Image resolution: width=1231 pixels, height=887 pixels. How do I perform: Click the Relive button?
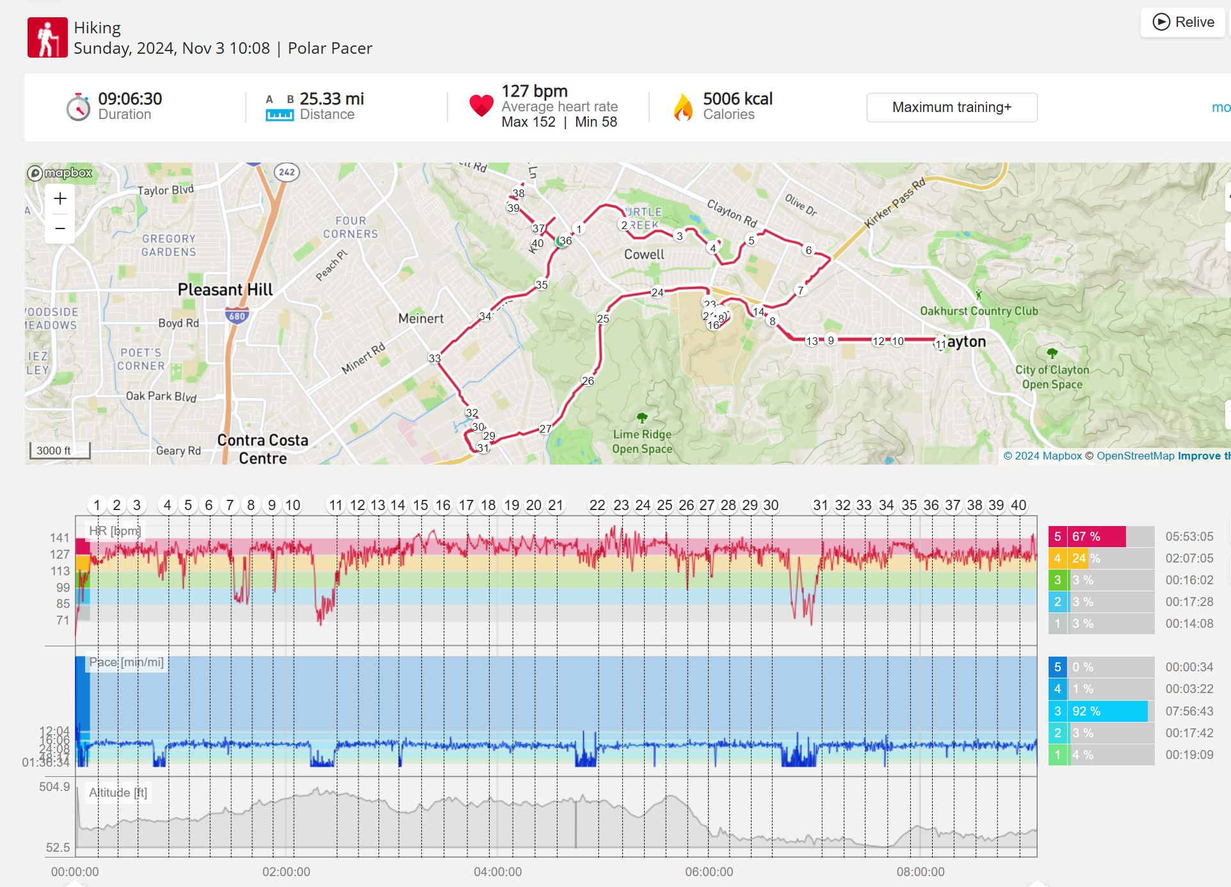tap(1183, 22)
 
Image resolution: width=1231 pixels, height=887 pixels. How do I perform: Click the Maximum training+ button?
tap(951, 108)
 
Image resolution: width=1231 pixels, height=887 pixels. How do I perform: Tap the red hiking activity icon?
tap(47, 38)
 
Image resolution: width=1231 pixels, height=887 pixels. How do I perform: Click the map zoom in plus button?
tap(60, 199)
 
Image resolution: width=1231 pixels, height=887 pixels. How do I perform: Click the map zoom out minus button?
tap(60, 228)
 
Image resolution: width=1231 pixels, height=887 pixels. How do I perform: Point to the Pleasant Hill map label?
tap(225, 290)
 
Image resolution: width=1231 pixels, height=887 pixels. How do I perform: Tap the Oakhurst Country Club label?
tap(979, 311)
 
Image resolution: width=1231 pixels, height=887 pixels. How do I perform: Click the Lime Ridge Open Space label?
tap(642, 441)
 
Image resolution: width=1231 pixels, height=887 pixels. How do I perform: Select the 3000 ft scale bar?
tap(60, 451)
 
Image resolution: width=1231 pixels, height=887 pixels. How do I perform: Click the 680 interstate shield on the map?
tap(237, 316)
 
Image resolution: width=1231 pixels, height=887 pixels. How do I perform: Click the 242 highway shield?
tap(287, 172)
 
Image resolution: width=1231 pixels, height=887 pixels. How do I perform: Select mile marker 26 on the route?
tap(588, 381)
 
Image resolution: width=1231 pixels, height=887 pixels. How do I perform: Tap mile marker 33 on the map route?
tap(435, 358)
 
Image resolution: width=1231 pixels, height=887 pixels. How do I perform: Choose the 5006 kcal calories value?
tap(737, 99)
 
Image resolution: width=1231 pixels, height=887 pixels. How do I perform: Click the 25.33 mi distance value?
tap(332, 99)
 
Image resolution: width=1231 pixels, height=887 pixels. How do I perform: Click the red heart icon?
tap(481, 106)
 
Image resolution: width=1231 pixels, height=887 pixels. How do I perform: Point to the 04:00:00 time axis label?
tap(497, 872)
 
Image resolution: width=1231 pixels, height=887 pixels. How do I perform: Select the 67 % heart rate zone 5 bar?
tap(1087, 537)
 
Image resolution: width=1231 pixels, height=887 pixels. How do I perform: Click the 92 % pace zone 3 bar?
tap(1098, 711)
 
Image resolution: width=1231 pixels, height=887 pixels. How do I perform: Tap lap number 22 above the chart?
tap(597, 506)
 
